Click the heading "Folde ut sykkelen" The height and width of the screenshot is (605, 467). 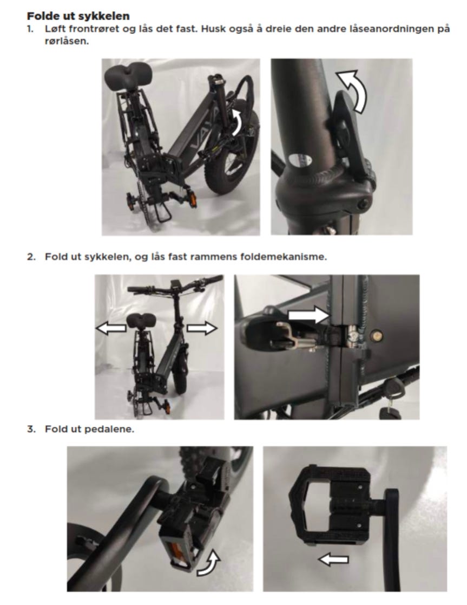[x=78, y=16]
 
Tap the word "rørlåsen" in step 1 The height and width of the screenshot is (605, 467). [x=67, y=41]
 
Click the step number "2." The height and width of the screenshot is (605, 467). [x=31, y=257]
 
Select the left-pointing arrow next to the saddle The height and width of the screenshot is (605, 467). [x=111, y=328]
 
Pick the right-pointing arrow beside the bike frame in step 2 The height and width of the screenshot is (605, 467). [x=202, y=328]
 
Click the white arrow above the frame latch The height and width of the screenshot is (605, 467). [x=309, y=315]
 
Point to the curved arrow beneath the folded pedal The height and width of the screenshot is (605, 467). [x=209, y=563]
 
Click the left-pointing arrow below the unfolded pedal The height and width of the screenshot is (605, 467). [x=334, y=559]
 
